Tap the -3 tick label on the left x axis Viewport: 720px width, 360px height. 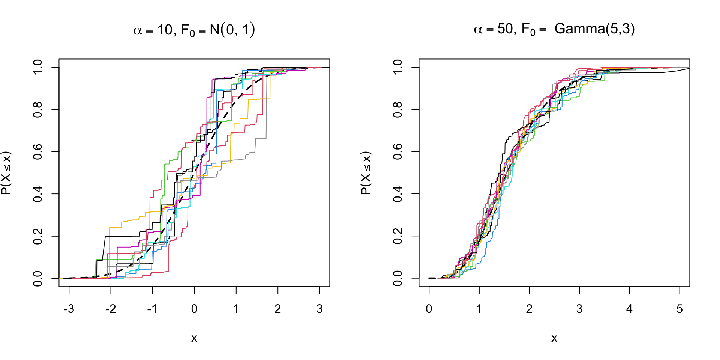pyautogui.click(x=69, y=309)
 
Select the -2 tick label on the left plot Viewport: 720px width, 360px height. pyautogui.click(x=110, y=309)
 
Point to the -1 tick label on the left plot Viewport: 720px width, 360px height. pyautogui.click(x=152, y=309)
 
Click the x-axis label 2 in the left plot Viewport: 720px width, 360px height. pyautogui.click(x=278, y=309)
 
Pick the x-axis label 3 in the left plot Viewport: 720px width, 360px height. pyautogui.click(x=319, y=309)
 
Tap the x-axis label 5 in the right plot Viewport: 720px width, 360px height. pyautogui.click(x=679, y=309)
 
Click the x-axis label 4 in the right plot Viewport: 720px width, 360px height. pyautogui.click(x=629, y=309)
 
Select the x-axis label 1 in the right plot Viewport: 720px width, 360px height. pyautogui.click(x=479, y=309)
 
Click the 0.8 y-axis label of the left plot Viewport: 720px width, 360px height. pyautogui.click(x=38, y=109)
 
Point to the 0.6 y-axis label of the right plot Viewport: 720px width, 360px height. pyautogui.click(x=398, y=151)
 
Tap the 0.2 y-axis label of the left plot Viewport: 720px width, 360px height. pyautogui.click(x=38, y=236)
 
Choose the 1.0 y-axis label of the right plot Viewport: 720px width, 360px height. pyautogui.click(x=398, y=67)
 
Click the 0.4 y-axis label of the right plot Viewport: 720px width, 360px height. pyautogui.click(x=398, y=194)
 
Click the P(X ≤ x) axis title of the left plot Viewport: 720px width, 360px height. pyautogui.click(x=7, y=173)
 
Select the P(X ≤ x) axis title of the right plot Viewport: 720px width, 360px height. pyautogui.click(x=366, y=173)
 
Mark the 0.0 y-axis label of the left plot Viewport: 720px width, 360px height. pyautogui.click(x=38, y=278)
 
